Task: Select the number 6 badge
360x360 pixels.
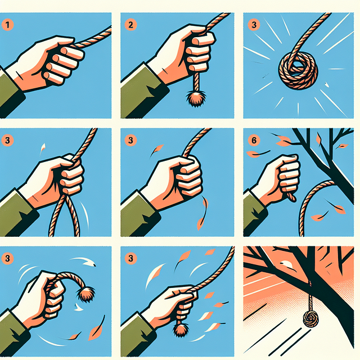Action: pyautogui.click(x=252, y=138)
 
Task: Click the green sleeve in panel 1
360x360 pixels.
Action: pyautogui.click(x=11, y=90)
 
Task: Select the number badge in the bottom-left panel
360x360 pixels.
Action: pyautogui.click(x=8, y=259)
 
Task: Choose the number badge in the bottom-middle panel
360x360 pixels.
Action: pyautogui.click(x=130, y=259)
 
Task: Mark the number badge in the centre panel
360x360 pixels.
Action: pyautogui.click(x=130, y=138)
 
